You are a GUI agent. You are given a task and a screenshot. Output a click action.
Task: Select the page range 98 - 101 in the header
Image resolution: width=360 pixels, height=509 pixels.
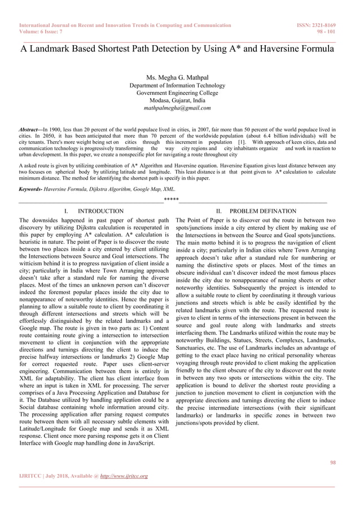327,32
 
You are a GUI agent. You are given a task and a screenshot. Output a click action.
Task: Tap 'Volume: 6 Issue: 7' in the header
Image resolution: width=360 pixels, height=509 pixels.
44,32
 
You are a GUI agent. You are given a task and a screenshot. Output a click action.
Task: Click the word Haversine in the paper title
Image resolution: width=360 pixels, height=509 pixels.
273,49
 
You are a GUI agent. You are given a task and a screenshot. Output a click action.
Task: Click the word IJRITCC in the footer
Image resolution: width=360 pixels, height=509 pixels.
31,476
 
